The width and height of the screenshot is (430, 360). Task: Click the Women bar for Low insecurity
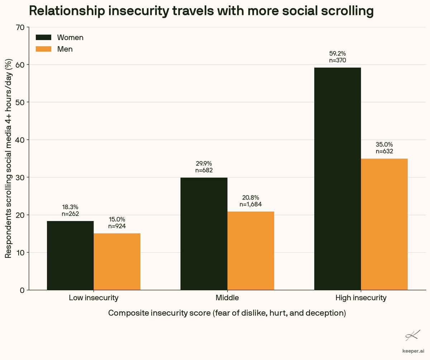click(70, 255)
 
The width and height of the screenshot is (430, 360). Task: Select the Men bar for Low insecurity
click(117, 261)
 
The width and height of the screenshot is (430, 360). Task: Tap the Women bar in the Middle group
click(204, 234)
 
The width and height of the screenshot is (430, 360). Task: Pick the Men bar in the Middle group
click(250, 251)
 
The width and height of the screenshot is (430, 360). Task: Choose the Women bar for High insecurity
click(338, 179)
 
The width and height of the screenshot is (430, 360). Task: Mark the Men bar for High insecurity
click(384, 224)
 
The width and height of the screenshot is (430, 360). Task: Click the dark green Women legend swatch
click(43, 38)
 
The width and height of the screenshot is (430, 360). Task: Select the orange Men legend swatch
click(43, 49)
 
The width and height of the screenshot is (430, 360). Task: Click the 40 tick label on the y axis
click(20, 140)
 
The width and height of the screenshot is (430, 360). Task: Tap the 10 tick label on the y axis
click(20, 253)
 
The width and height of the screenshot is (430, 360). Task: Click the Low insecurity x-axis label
click(94, 298)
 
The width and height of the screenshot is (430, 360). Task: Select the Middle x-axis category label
click(227, 298)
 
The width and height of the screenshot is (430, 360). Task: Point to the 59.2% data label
click(338, 53)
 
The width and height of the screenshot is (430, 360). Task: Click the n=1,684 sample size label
click(250, 205)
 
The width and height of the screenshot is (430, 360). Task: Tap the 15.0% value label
click(117, 220)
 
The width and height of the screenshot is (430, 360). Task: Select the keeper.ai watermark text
click(413, 351)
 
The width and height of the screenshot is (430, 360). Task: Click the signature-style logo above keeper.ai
click(413, 335)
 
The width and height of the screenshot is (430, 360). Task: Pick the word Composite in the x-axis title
click(129, 313)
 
